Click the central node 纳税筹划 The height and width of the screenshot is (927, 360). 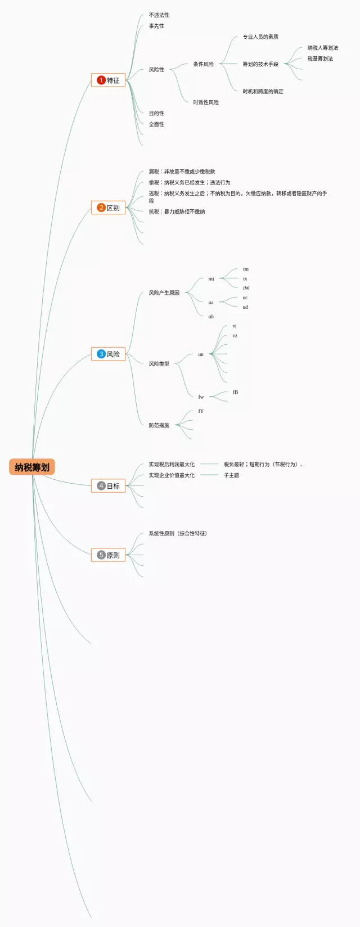click(32, 467)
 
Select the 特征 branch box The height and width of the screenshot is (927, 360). click(108, 80)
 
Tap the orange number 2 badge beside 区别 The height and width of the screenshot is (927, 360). click(101, 208)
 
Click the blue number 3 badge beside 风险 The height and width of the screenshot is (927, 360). click(101, 354)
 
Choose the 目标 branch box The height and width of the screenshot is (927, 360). click(108, 485)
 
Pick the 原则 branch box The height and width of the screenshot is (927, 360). click(108, 555)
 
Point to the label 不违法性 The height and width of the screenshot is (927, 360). click(159, 15)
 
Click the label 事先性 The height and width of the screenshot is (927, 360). click(156, 26)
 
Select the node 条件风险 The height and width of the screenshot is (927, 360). click(203, 64)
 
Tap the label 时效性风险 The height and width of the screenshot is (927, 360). click(206, 102)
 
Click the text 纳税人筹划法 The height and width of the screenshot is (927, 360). click(323, 48)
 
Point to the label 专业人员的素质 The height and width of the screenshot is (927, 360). click(260, 37)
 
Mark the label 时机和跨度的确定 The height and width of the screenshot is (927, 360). click(263, 91)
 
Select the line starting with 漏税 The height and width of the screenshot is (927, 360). click(182, 172)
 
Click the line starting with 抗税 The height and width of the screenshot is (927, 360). click(177, 211)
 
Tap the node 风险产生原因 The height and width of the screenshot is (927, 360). click(164, 293)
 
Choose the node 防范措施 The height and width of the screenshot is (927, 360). click(159, 425)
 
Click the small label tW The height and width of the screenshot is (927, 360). click(246, 288)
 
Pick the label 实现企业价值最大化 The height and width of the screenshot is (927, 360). click(172, 475)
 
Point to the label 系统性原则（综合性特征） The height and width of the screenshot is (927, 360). click(178, 533)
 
